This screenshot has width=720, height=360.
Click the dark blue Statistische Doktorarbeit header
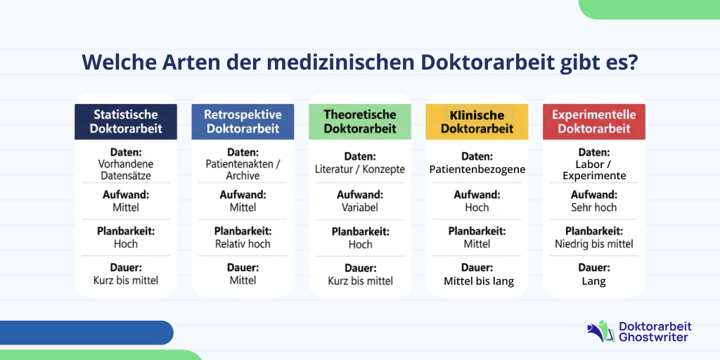click(126, 122)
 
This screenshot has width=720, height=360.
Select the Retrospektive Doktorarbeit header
click(243, 122)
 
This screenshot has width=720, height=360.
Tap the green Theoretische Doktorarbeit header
click(360, 122)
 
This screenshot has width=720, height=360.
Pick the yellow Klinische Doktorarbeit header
click(477, 122)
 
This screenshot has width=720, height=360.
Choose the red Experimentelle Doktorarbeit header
click(593, 122)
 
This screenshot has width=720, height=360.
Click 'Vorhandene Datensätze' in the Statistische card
click(126, 170)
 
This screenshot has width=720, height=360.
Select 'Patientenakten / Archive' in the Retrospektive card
click(243, 170)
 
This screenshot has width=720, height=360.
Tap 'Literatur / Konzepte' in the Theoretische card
click(360, 169)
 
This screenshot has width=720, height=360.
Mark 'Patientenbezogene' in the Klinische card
click(477, 169)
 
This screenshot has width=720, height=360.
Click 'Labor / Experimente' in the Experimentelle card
click(594, 170)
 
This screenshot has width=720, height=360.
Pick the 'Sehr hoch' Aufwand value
click(594, 207)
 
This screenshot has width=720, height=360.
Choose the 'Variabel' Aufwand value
click(360, 207)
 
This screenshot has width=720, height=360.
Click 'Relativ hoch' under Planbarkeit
click(243, 244)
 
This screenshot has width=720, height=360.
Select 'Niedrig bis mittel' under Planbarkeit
click(594, 244)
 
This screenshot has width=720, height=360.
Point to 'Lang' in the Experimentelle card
click(594, 281)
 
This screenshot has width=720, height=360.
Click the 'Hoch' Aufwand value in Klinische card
click(477, 207)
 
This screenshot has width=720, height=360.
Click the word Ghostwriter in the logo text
click(654, 337)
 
